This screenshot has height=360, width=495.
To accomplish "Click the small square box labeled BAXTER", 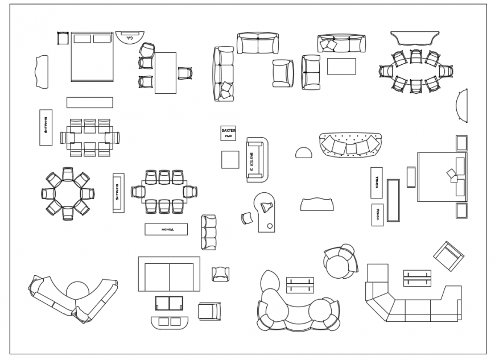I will coord(228,133).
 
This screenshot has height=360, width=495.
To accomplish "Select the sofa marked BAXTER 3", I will coord(257,159).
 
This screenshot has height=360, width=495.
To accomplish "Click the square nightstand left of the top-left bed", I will coord(63,38).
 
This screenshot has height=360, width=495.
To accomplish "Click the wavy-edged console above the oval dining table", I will coord(416,38).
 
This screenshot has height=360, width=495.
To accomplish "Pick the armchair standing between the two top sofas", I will coord(282,73).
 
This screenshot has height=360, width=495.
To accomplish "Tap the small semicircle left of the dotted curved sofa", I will coord(303,152).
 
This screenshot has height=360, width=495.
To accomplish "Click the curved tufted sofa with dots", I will coord(350,144).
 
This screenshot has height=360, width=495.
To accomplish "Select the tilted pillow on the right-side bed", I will coord(452,174).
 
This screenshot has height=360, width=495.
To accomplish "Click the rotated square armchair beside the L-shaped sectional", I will coord(448,255).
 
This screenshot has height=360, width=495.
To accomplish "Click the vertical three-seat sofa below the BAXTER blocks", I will coord(209,232).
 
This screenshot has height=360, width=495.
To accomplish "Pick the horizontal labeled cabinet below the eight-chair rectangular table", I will coord(166,229).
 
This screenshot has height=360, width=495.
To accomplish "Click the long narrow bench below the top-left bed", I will coord(89,102).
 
